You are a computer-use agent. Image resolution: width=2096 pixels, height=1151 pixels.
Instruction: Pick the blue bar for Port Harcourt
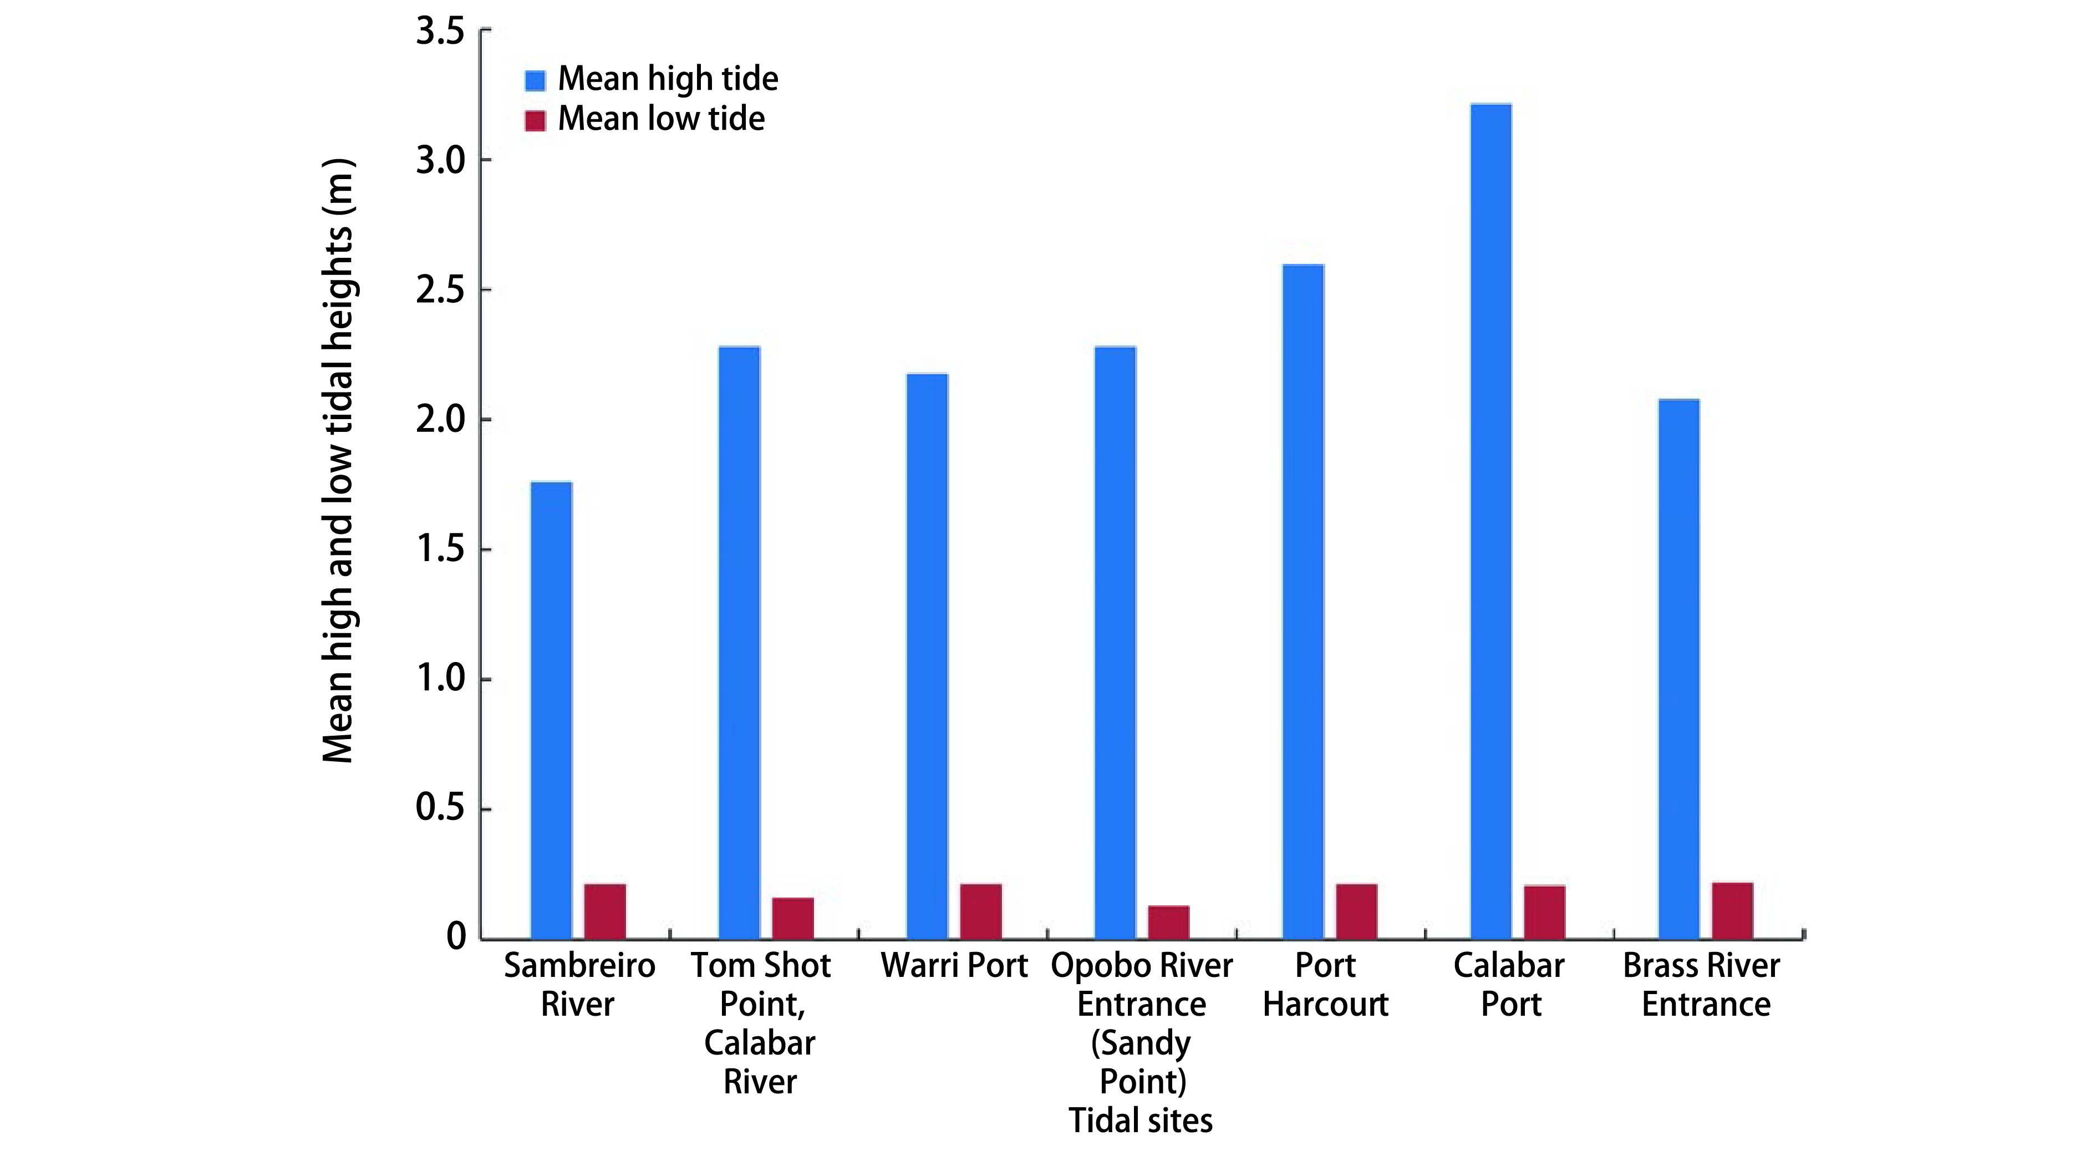tap(1303, 602)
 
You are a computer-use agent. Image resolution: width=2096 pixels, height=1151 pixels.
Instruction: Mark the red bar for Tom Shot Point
tap(792, 918)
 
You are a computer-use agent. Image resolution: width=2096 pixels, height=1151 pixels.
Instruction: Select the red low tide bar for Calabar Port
tap(1544, 912)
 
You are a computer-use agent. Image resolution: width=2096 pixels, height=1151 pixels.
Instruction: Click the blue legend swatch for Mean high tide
tap(535, 80)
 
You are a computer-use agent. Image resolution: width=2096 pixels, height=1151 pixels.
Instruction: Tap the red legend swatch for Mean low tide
tap(535, 120)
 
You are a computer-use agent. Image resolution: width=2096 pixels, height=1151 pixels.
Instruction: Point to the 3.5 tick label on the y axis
tap(440, 33)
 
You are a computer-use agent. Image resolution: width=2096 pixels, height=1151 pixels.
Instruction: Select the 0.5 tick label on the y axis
tap(440, 808)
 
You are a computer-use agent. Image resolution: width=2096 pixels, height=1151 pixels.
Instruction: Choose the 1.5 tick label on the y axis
tap(440, 550)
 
